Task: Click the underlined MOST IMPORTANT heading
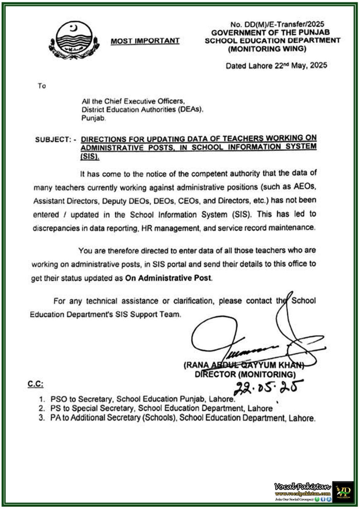coord(145,41)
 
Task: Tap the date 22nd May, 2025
coord(301,66)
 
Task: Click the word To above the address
coord(42,86)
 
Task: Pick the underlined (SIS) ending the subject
coord(90,157)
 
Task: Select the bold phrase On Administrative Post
coord(168,278)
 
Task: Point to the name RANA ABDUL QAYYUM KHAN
coord(244,365)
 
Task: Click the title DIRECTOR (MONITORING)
coord(245,374)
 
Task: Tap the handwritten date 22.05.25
coord(267,387)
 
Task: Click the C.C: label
coord(35,384)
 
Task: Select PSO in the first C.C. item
coord(59,399)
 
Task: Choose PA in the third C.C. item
coord(55,418)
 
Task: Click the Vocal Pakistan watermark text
coord(303,487)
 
